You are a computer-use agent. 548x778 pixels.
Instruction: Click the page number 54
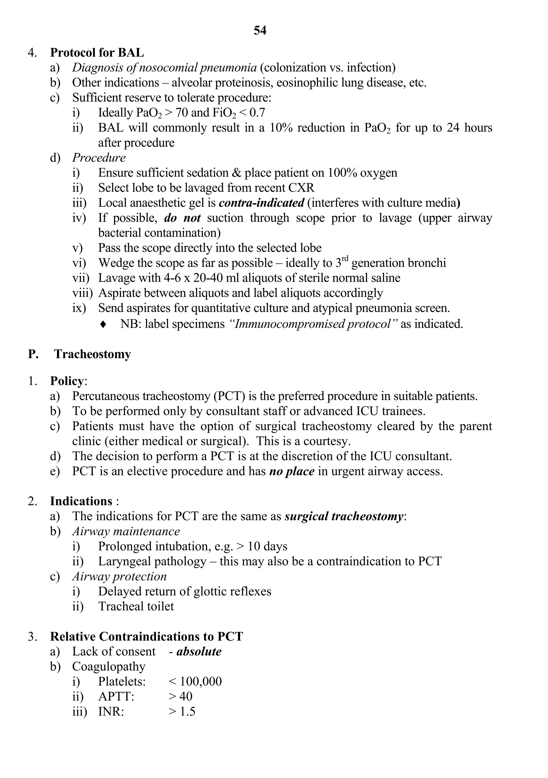point(260,31)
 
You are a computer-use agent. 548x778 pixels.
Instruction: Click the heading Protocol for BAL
point(97,53)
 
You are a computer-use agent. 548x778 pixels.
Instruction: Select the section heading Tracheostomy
point(93,354)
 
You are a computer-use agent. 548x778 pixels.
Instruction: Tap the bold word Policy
point(67,381)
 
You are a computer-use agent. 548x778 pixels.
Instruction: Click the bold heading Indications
point(81,501)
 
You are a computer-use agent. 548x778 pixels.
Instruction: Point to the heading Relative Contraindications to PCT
point(146,636)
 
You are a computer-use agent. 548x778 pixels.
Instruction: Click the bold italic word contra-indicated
point(261,203)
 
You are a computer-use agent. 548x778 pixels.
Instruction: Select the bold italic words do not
point(182,218)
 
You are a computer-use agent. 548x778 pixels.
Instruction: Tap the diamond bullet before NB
point(103,324)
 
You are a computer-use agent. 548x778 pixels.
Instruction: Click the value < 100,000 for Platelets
point(195,681)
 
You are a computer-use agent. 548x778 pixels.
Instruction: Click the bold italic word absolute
point(199,651)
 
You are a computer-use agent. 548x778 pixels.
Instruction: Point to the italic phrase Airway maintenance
point(126,531)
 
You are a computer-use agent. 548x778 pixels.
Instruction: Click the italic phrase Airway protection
point(119,576)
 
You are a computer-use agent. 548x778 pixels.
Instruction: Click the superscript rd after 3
point(345,259)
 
